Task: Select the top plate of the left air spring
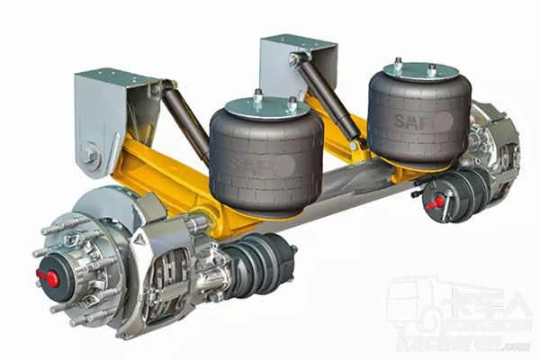(x=260, y=107)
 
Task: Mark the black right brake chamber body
(x=464, y=189)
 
